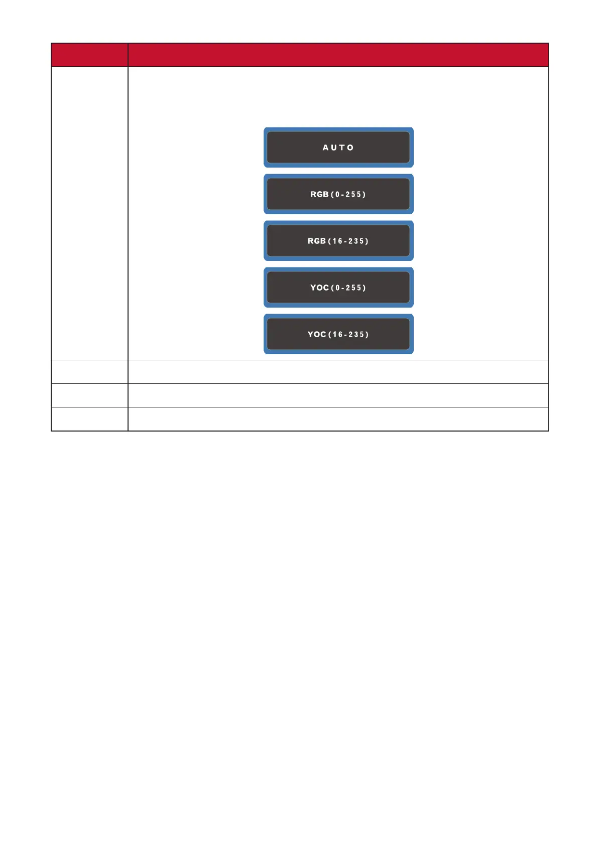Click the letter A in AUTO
(x=325, y=148)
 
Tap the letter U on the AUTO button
(x=334, y=148)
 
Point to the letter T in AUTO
(x=342, y=148)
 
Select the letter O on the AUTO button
(x=350, y=148)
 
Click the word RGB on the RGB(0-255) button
(x=319, y=194)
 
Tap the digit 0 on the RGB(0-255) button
(x=337, y=194)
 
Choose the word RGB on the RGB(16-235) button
(x=317, y=241)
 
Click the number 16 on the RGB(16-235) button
(x=337, y=241)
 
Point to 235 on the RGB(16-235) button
(x=356, y=241)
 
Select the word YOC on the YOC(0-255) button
(x=319, y=288)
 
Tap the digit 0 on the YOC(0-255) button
(x=337, y=288)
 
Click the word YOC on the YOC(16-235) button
(x=317, y=334)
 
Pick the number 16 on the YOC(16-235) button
(x=337, y=334)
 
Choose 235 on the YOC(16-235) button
(x=356, y=334)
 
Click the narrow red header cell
(x=89, y=55)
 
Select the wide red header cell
(x=338, y=55)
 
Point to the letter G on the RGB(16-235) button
(x=317, y=241)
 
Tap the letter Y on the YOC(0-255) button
(x=313, y=288)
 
